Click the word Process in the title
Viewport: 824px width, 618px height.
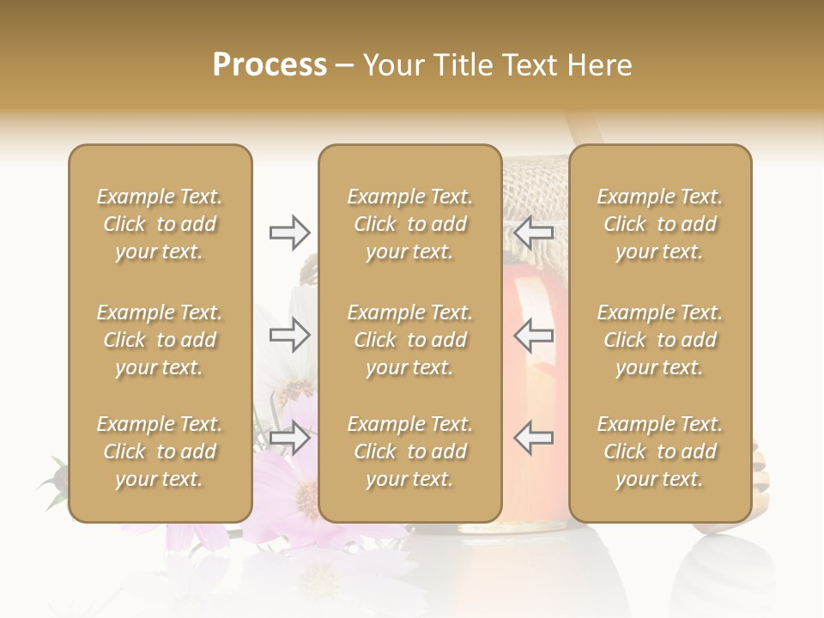(x=270, y=65)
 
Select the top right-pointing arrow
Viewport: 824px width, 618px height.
(x=289, y=232)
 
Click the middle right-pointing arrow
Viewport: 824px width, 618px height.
(x=289, y=335)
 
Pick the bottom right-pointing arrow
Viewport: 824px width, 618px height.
(x=289, y=438)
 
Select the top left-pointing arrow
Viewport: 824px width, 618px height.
(x=534, y=232)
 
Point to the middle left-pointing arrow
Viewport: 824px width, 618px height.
(x=534, y=335)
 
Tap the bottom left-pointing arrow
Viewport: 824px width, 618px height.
(x=534, y=438)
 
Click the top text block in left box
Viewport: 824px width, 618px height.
(x=160, y=224)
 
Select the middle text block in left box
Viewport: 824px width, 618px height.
(x=160, y=340)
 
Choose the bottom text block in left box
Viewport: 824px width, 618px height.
(x=160, y=451)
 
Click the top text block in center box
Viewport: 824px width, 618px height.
(x=410, y=224)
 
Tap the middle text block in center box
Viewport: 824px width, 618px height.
(x=410, y=340)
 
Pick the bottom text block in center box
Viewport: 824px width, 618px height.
(x=410, y=451)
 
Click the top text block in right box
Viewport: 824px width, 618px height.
(x=660, y=224)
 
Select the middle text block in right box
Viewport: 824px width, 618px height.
(x=660, y=340)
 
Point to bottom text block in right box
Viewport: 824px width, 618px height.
(x=660, y=451)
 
